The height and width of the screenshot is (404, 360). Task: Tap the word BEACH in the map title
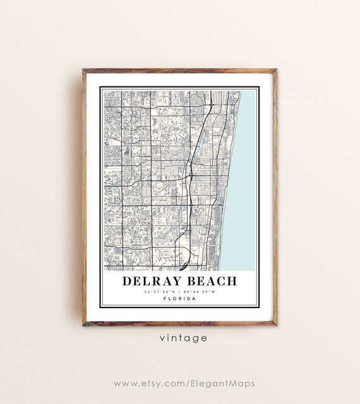[212, 281]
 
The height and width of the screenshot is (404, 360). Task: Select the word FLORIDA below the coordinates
[179, 299]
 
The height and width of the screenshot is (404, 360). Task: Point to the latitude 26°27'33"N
[160, 292]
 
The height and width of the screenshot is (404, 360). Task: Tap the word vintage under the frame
[183, 338]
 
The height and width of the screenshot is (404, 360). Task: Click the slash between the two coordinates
[180, 292]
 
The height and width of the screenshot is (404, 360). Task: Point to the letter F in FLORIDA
[165, 299]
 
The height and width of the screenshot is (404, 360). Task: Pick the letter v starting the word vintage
[162, 338]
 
